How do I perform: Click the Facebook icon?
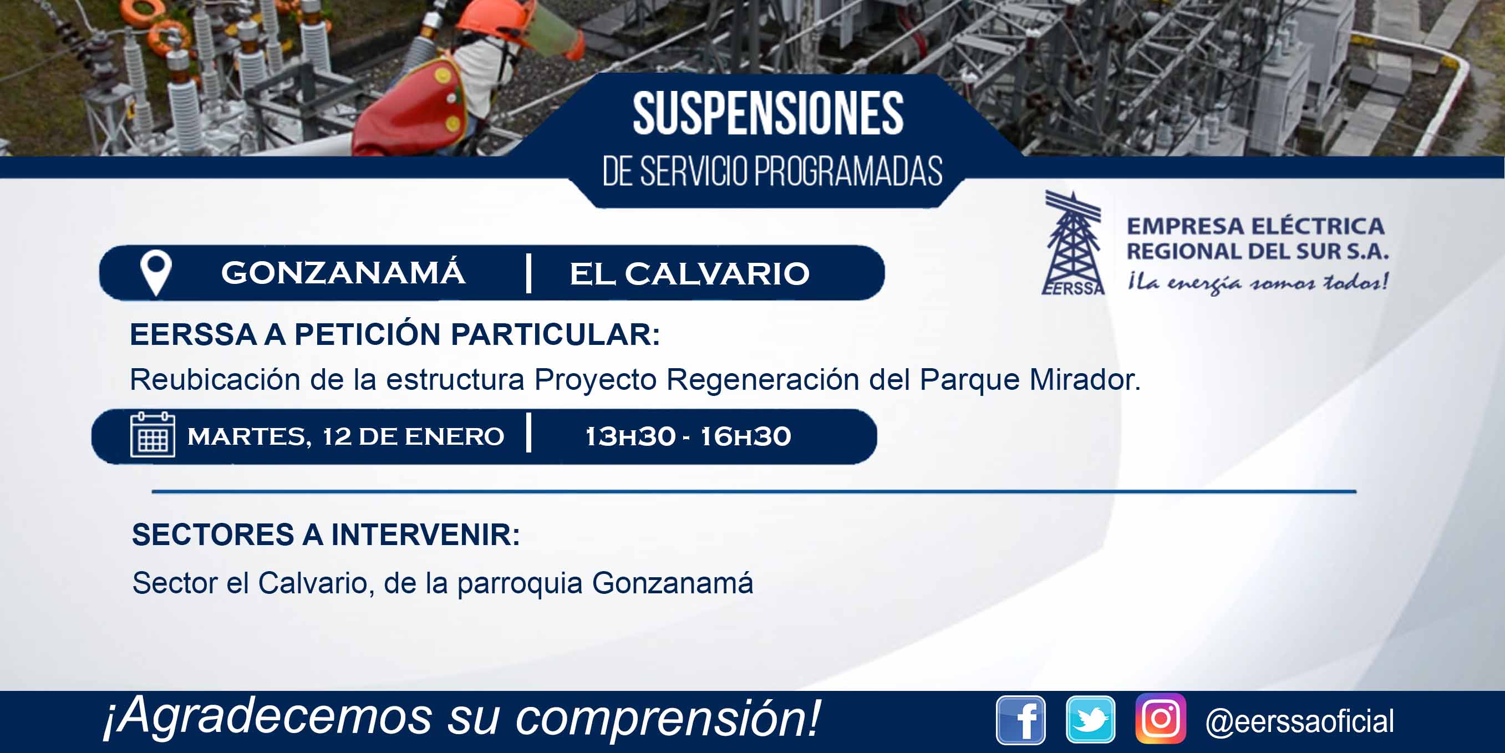pyautogui.click(x=1021, y=720)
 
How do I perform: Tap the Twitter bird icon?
pyautogui.click(x=1090, y=720)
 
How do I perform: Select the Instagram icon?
pyautogui.click(x=1160, y=719)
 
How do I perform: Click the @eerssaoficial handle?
pyautogui.click(x=1299, y=721)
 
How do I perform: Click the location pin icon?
pyautogui.click(x=156, y=273)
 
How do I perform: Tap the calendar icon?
pyautogui.click(x=152, y=435)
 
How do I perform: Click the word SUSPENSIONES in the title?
pyautogui.click(x=768, y=113)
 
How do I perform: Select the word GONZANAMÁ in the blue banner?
pyautogui.click(x=343, y=272)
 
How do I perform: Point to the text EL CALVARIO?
pyautogui.click(x=689, y=273)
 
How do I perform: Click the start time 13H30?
pyautogui.click(x=630, y=436)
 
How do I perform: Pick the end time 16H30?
pyautogui.click(x=745, y=436)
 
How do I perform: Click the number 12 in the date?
pyautogui.click(x=337, y=436)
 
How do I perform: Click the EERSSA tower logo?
pyautogui.click(x=1072, y=243)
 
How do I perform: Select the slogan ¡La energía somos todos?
pyautogui.click(x=1258, y=283)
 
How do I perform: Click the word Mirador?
pyautogui.click(x=1084, y=380)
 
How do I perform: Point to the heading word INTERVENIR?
pyautogui.click(x=425, y=535)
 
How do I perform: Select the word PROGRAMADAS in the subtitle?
pyautogui.click(x=848, y=172)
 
